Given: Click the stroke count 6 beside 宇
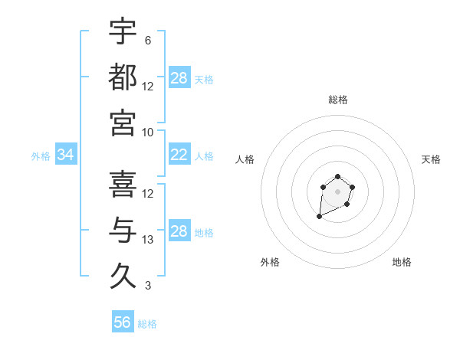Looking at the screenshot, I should [x=148, y=41].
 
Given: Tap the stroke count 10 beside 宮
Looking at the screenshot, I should [x=148, y=133].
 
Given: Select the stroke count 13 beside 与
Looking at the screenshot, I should [x=148, y=240].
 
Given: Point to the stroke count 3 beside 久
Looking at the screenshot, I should [x=148, y=286].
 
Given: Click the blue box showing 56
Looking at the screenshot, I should [x=123, y=322].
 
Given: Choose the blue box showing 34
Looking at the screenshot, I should [x=66, y=155].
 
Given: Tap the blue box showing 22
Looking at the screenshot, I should [x=179, y=155].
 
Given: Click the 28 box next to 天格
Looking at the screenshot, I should [x=179, y=78].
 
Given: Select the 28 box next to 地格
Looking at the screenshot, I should [x=179, y=231].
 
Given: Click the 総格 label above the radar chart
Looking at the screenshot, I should [x=338, y=100].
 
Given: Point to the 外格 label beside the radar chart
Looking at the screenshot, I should [x=270, y=263].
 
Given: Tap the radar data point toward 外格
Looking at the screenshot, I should [x=319, y=218].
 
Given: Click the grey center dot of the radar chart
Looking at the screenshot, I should [x=338, y=191].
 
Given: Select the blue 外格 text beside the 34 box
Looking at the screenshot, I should [x=41, y=156].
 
